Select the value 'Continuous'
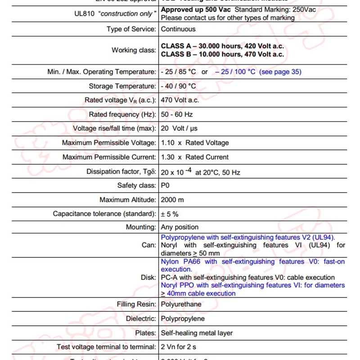coord(178,29)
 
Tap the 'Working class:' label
coord(134,50)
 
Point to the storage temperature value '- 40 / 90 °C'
coord(179,86)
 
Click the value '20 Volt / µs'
coord(179,128)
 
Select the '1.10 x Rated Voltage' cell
coord(195,143)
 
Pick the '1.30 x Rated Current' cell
coord(195,157)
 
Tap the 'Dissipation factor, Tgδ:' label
coord(121,172)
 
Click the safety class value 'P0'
coord(166,185)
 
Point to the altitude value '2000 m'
coord(173,199)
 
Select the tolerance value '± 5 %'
coord(170,214)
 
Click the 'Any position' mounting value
coord(180,227)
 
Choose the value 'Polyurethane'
coord(181,304)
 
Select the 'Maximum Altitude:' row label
coord(128,199)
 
